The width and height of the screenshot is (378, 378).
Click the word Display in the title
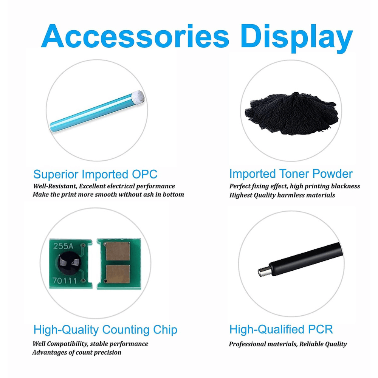[x=296, y=38]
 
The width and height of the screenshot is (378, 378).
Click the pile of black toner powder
[x=292, y=113]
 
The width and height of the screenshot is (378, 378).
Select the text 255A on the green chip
[x=63, y=246]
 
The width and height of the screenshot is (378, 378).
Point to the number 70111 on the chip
[x=61, y=280]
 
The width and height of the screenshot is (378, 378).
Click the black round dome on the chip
[x=69, y=263]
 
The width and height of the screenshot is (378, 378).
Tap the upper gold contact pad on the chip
[x=118, y=251]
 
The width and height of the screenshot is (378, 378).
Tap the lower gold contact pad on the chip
[x=118, y=274]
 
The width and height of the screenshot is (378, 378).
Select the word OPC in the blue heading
[x=144, y=174]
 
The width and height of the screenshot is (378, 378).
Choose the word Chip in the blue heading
[x=165, y=330]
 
